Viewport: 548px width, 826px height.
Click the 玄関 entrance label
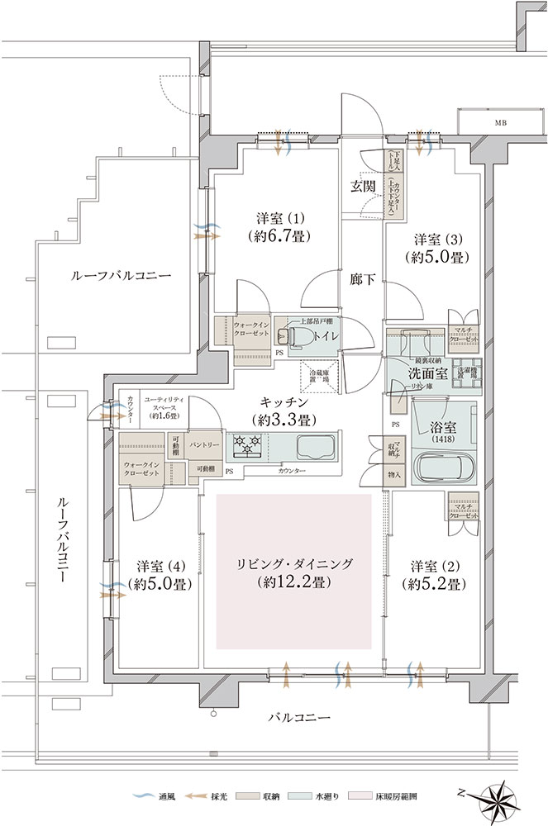[361, 185]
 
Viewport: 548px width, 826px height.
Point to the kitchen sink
[315, 449]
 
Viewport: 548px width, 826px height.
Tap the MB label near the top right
[501, 123]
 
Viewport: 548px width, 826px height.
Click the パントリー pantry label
[204, 444]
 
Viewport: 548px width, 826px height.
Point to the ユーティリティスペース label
[164, 407]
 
